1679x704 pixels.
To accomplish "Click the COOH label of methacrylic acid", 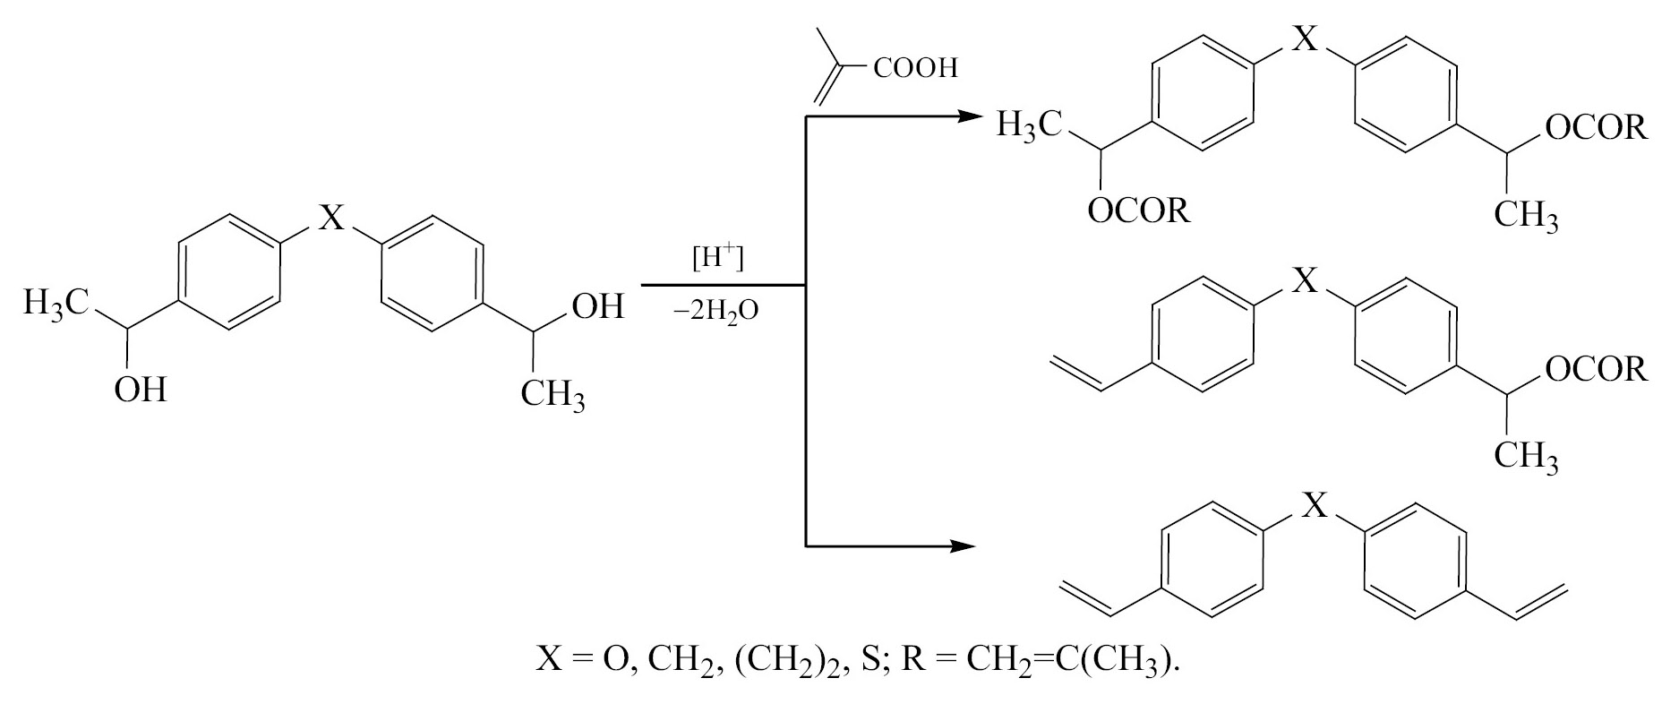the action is pos(914,69).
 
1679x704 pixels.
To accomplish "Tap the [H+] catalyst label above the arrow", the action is pos(718,258).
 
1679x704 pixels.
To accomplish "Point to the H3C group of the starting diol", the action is pos(56,304).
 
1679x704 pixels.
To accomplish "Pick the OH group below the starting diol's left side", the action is pos(141,390).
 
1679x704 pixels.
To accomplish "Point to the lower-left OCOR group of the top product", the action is pos(1139,211).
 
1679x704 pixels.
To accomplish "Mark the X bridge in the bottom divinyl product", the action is pos(1314,506).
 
